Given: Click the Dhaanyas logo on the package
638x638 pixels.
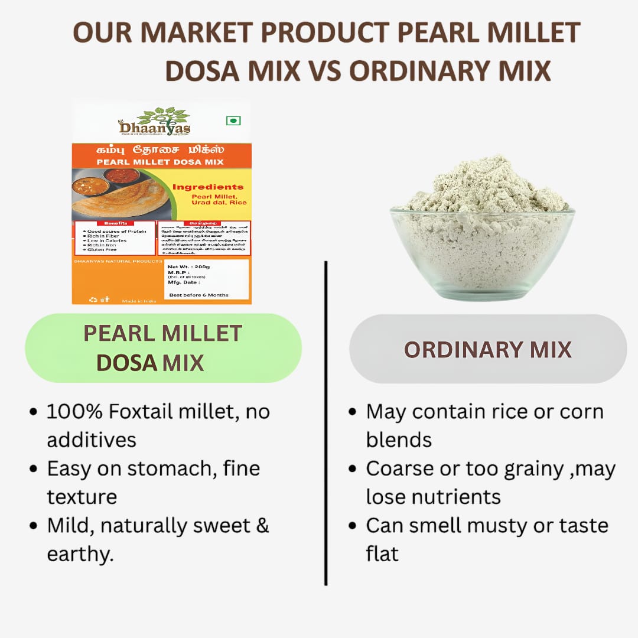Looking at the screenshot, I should [154, 122].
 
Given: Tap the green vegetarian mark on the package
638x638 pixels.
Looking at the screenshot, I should [233, 121].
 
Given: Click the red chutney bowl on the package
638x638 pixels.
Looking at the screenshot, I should [121, 175].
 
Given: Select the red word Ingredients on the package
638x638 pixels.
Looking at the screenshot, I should [207, 187].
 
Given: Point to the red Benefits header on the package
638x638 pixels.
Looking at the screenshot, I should [115, 223].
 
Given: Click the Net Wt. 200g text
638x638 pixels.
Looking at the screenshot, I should [189, 266].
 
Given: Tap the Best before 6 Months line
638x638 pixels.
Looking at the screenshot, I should [198, 294].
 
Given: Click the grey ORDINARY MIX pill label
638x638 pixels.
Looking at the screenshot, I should [487, 349].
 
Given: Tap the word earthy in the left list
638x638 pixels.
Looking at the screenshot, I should [79, 554].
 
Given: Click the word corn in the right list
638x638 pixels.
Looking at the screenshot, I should [577, 411].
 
